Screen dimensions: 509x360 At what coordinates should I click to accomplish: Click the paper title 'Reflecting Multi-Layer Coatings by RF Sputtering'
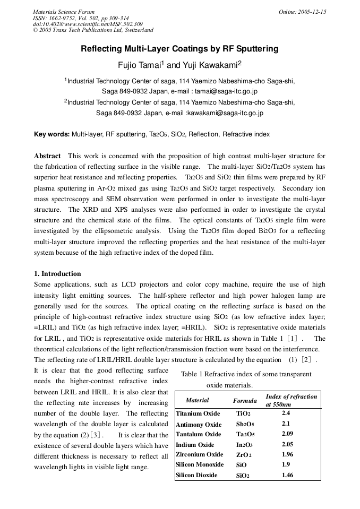[x=179, y=49]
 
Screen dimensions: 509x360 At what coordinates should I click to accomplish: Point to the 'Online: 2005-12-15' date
[x=302, y=12]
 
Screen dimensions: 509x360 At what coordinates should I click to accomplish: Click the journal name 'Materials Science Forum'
[x=64, y=12]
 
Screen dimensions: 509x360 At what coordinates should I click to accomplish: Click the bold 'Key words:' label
[x=52, y=135]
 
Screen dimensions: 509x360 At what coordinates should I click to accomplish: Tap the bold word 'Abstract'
[x=48, y=156]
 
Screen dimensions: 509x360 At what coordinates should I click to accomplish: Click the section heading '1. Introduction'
[x=57, y=274]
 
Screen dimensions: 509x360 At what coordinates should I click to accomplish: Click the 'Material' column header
[x=197, y=400]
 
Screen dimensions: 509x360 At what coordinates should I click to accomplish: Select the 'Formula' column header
[x=245, y=401]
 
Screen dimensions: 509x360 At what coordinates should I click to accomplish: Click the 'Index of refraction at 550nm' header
[x=291, y=400]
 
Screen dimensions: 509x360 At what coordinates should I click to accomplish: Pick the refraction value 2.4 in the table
[x=286, y=413]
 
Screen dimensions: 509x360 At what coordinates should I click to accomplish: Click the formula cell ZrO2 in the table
[x=244, y=455]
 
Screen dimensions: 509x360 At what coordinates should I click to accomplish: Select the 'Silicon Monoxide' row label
[x=200, y=465]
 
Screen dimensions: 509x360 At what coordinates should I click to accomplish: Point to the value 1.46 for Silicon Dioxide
[x=287, y=475]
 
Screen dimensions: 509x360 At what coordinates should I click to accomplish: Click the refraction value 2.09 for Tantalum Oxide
[x=287, y=434]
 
